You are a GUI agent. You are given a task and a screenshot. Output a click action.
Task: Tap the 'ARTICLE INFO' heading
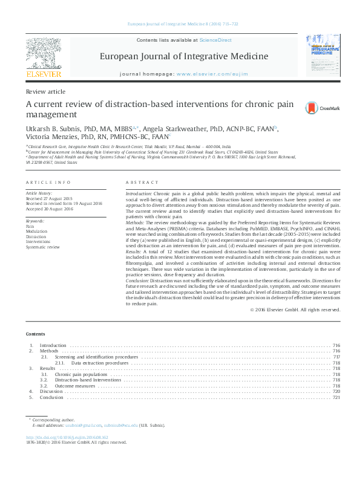click(x=48, y=183)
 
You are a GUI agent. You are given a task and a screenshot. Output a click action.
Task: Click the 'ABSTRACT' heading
click(x=142, y=183)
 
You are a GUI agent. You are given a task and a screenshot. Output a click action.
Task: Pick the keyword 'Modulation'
click(x=36, y=231)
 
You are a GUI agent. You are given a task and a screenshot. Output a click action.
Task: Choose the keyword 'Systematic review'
click(x=42, y=247)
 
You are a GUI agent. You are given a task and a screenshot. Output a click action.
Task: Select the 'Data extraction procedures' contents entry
click(x=100, y=363)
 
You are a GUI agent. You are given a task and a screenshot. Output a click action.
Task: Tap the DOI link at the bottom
click(x=67, y=436)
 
